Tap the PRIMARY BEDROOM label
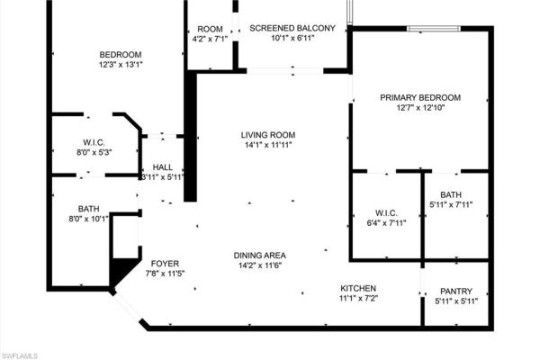420,97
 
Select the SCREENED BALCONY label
292,28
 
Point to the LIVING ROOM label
268,135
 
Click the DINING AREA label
260,255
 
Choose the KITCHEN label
357,288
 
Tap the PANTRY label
455,291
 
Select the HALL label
163,166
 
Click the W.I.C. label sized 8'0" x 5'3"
94,141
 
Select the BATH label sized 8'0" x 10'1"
88,207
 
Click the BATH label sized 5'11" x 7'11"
451,194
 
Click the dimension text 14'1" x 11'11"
268,146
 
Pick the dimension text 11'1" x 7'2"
357,298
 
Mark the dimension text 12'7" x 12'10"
420,108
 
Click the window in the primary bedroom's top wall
427,29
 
